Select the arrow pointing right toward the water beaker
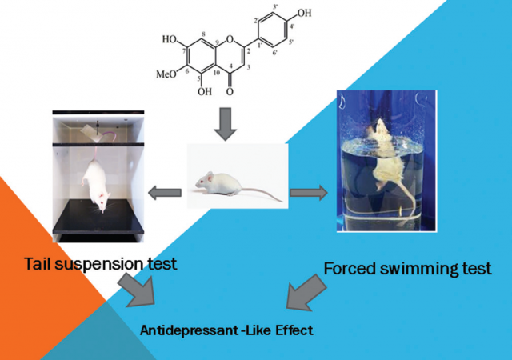coord(310,192)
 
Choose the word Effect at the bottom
coord(289,330)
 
